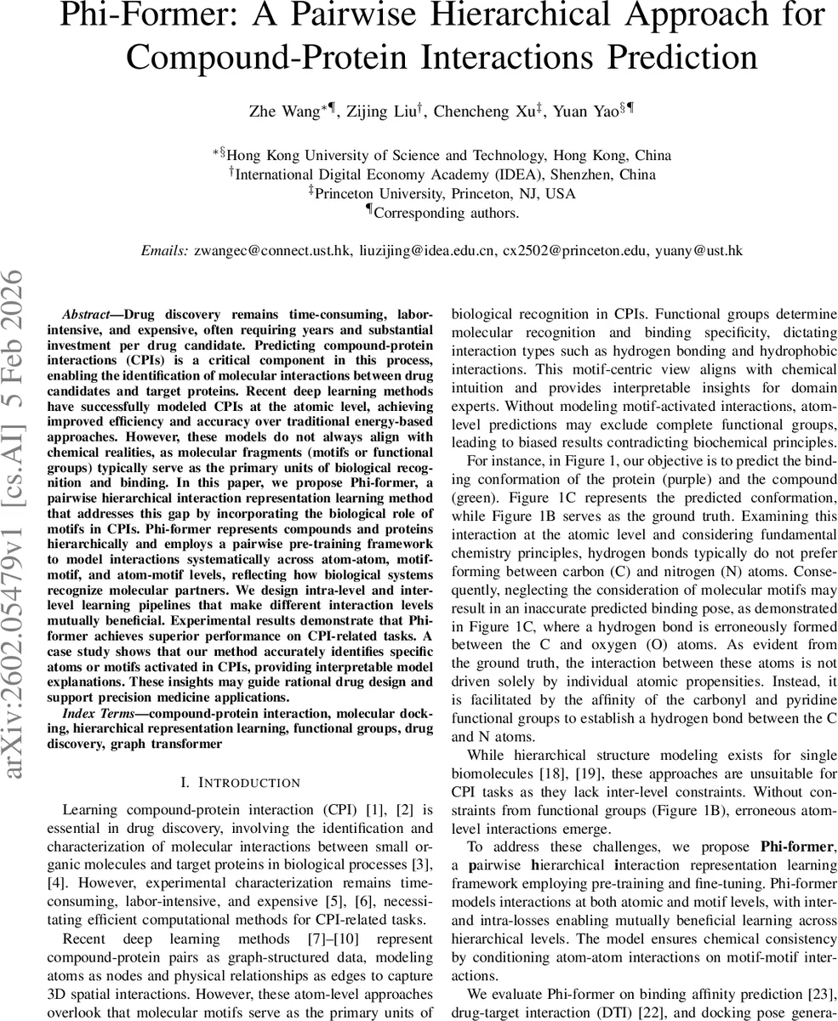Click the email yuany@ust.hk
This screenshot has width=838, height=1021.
pyautogui.click(x=703, y=250)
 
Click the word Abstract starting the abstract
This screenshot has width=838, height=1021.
pyautogui.click(x=86, y=315)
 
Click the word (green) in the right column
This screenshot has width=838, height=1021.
pyautogui.click(x=478, y=497)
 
